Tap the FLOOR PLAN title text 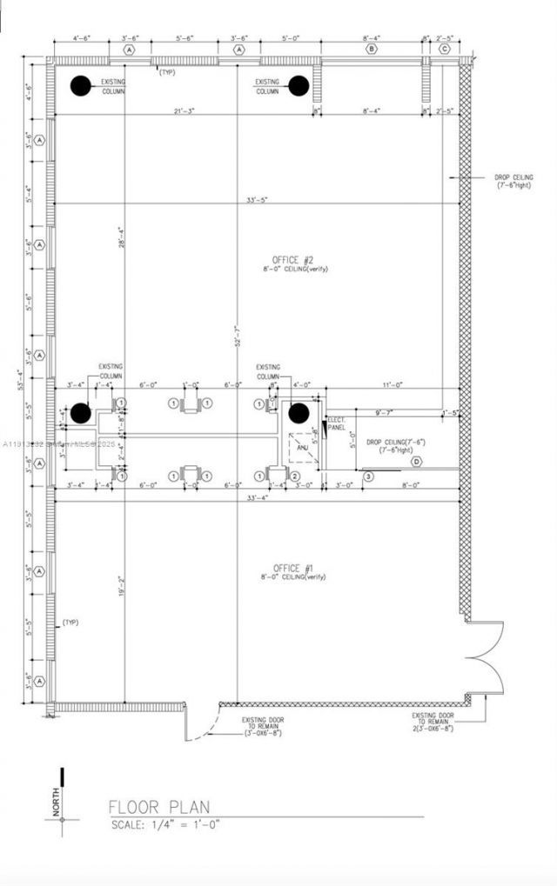click(158, 807)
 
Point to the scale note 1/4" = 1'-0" click(164, 823)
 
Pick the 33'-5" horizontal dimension click(257, 200)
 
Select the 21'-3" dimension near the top click(184, 111)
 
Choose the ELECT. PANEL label click(337, 424)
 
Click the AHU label click(302, 448)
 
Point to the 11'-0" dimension click(393, 384)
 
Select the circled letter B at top click(372, 50)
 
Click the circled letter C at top click(444, 50)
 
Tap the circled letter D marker click(417, 462)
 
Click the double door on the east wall click(484, 659)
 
